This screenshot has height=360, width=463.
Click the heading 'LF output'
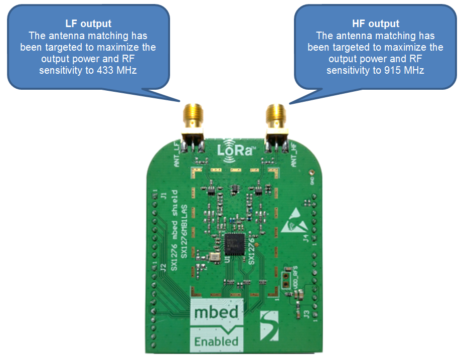[x=88, y=24]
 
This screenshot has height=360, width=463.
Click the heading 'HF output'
[x=376, y=24]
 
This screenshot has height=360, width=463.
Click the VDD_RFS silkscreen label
[x=295, y=275]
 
